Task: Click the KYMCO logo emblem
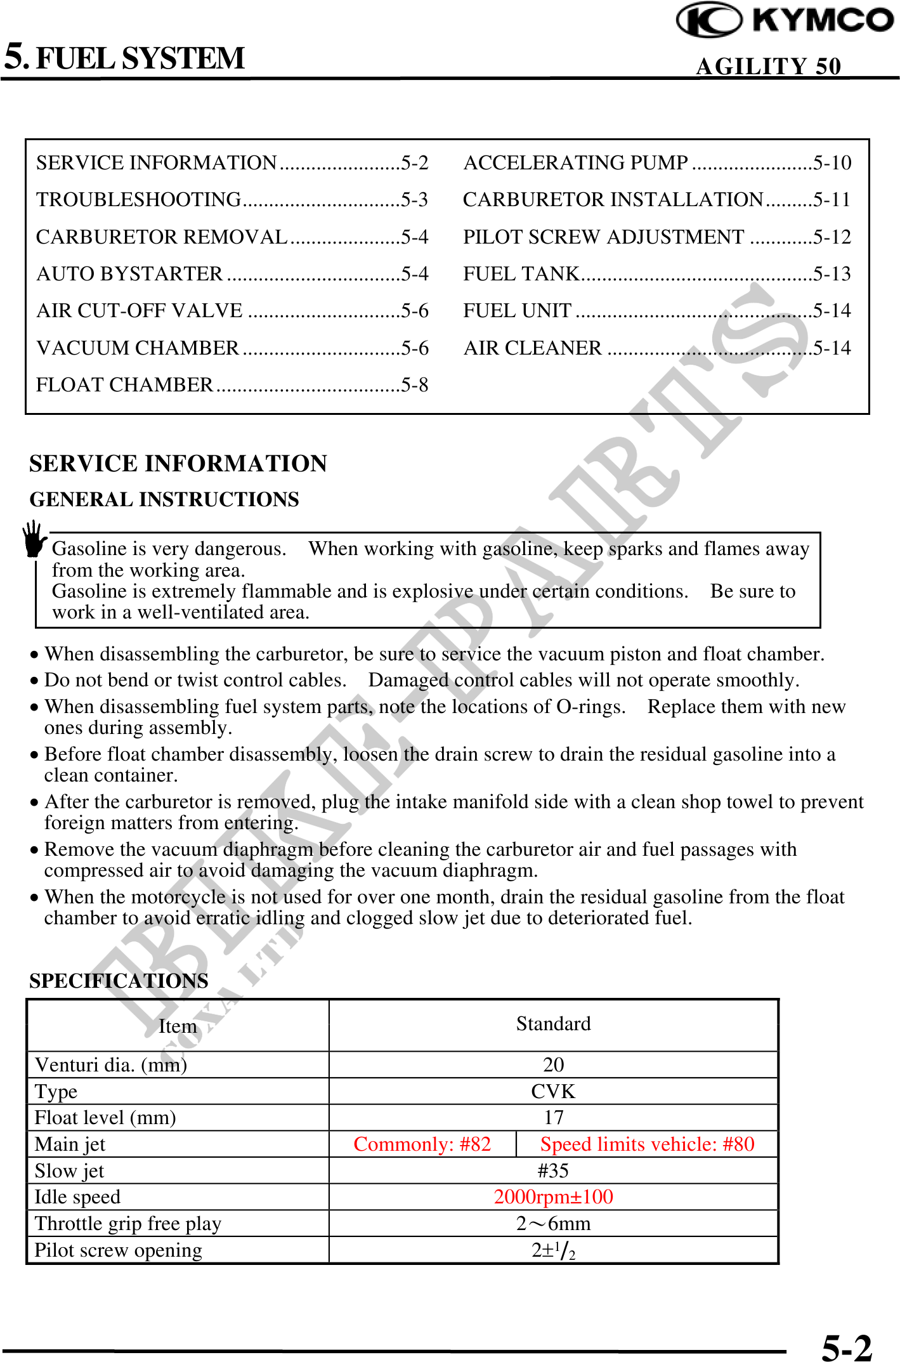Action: [708, 20]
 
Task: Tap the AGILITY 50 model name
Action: [768, 66]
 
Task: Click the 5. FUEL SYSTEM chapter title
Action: [125, 58]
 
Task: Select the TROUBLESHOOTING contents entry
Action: [139, 200]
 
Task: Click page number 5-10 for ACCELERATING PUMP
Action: [832, 163]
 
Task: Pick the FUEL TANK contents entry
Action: [521, 274]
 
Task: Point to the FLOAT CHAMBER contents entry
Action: [125, 385]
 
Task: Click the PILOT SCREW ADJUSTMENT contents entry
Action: [603, 237]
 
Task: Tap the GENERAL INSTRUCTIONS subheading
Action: [164, 500]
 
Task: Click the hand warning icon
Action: [34, 540]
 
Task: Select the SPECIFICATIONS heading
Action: [119, 981]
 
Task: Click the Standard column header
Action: [553, 1024]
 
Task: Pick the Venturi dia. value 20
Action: [553, 1064]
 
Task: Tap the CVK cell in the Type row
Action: [553, 1091]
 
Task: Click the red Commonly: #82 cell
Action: [422, 1144]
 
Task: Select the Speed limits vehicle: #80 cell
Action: [647, 1144]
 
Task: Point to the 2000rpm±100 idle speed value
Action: [553, 1197]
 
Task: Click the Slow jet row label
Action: [70, 1170]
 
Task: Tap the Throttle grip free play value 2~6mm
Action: [553, 1224]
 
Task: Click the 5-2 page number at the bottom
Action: [847, 1346]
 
